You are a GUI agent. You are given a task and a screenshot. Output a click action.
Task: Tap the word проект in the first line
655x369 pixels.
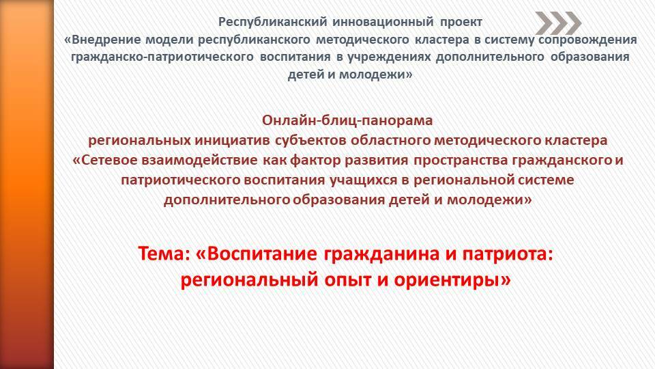coord(461,23)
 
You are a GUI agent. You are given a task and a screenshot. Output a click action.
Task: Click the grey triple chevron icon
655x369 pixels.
coord(558,23)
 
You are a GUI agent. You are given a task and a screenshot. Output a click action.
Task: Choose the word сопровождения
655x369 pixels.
coord(587,40)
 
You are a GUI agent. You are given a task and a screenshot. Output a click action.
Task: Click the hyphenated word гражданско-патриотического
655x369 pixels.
coord(162,57)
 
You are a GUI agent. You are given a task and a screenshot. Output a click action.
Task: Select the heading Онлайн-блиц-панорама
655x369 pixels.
coord(347,120)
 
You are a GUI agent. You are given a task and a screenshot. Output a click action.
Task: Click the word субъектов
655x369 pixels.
coord(311,140)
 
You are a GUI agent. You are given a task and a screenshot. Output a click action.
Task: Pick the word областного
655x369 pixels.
coord(390,140)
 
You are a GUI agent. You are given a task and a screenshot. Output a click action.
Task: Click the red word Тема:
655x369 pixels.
coord(164,254)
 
